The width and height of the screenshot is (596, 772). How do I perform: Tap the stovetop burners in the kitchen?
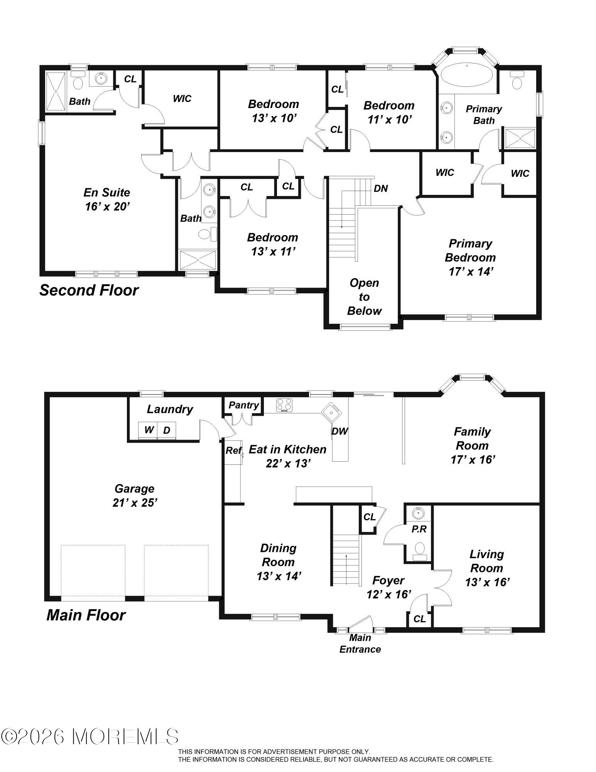[284, 405]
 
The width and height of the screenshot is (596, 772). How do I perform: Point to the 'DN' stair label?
[381, 188]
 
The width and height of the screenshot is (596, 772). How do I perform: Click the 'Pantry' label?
[243, 405]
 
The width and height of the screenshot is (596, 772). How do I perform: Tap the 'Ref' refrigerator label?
[234, 450]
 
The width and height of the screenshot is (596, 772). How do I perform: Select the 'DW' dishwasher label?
[339, 431]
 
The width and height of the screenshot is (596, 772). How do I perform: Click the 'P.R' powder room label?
[419, 529]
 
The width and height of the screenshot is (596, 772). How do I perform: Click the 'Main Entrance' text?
[360, 643]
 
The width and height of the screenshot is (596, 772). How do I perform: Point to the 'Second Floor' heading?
[89, 290]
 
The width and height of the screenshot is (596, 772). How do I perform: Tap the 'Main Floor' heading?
[86, 615]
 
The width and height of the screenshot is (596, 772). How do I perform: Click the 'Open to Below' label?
[364, 297]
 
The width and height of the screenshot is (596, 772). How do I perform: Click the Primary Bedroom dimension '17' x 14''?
[471, 272]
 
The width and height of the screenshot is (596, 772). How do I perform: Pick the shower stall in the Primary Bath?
[520, 139]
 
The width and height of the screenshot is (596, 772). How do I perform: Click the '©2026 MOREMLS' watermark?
[90, 737]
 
